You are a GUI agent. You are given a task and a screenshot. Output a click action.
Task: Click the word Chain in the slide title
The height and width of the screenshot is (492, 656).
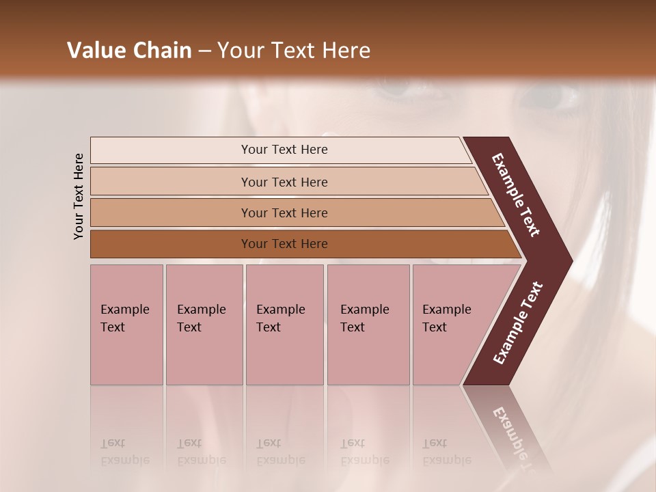click(x=162, y=51)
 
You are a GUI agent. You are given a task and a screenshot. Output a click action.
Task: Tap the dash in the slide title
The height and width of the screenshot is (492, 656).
click(x=204, y=51)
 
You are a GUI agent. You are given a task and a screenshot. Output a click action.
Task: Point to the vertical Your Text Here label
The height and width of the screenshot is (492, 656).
click(x=79, y=196)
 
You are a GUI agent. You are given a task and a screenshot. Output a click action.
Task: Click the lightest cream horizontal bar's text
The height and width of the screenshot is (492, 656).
click(x=284, y=150)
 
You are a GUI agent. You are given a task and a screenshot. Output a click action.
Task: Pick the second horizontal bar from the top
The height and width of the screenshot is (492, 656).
click(x=284, y=182)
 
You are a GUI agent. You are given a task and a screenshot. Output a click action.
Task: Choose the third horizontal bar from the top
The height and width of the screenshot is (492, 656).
click(x=284, y=213)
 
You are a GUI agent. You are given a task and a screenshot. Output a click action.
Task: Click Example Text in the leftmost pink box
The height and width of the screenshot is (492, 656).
click(x=124, y=318)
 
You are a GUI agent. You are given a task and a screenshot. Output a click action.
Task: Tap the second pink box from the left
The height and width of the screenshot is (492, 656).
click(x=204, y=325)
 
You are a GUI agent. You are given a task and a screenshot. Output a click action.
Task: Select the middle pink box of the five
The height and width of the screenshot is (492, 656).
click(x=284, y=325)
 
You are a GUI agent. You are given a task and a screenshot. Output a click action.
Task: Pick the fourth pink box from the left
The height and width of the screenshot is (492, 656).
click(x=368, y=325)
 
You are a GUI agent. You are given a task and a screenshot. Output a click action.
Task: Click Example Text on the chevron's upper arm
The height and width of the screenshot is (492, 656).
click(x=516, y=195)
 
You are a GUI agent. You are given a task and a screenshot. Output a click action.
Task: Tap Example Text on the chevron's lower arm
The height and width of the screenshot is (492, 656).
click(x=517, y=323)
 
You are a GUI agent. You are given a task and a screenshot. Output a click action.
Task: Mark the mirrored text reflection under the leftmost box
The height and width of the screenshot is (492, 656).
click(x=124, y=452)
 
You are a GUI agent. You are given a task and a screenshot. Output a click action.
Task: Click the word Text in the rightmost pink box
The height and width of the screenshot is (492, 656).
click(x=435, y=327)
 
